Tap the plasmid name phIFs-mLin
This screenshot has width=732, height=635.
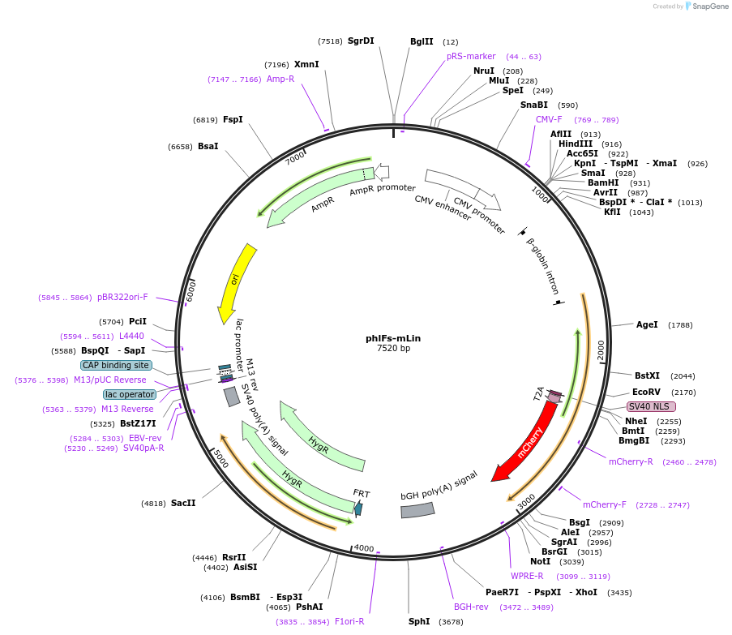[x=393, y=338]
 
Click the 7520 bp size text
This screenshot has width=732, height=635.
[x=393, y=349]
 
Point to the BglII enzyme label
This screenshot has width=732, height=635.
[x=422, y=41]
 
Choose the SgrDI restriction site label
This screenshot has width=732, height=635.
[x=361, y=41]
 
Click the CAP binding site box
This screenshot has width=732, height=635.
[x=116, y=366]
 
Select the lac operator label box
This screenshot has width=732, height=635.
[x=130, y=394]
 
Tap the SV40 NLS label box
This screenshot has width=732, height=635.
[x=651, y=406]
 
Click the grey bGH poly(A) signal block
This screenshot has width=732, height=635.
[x=417, y=510]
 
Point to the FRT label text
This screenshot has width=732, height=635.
[x=361, y=493]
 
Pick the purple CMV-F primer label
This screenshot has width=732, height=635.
[x=549, y=120]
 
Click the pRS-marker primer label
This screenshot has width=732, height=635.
[x=471, y=57]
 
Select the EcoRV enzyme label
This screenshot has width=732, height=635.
[x=647, y=392]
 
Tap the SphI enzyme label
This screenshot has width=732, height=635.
[x=419, y=621]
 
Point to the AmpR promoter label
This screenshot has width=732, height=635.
[x=371, y=190]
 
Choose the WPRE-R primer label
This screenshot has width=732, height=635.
[x=527, y=576]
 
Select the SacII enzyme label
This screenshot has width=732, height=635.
[x=183, y=503]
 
